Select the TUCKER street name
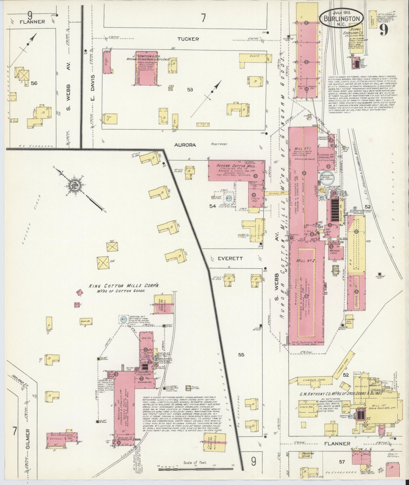pyautogui.click(x=188, y=39)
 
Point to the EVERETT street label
pyautogui.click(x=226, y=258)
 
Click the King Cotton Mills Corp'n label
pyautogui.click(x=124, y=286)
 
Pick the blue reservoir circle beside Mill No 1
pyautogui.click(x=327, y=177)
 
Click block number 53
pyautogui.click(x=190, y=90)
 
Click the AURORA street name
pyautogui.click(x=185, y=145)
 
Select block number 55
pyautogui.click(x=241, y=355)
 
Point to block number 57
pyautogui.click(x=342, y=462)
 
